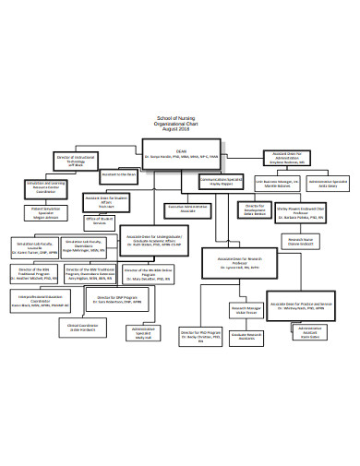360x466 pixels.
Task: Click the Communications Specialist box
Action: (221, 182)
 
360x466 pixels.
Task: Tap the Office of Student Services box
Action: (101, 221)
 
